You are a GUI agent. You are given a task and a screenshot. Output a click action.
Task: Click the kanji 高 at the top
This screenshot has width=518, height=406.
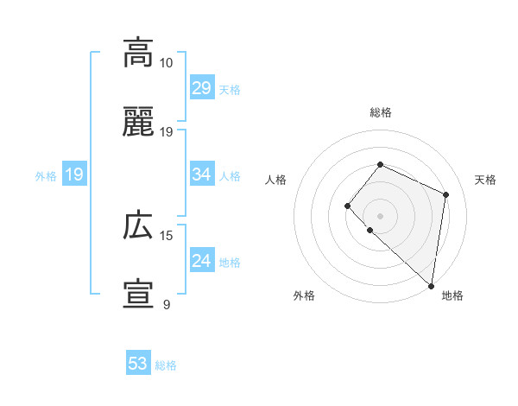138,53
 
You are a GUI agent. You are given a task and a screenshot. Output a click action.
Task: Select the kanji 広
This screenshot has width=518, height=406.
138,226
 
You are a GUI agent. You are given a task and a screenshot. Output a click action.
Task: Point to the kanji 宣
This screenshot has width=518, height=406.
138,295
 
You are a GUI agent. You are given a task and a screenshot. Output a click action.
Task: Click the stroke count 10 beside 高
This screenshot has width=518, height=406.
167,63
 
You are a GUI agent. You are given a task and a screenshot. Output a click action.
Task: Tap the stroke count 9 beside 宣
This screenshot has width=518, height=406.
167,305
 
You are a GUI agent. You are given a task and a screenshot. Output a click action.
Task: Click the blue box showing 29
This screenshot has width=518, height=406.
201,88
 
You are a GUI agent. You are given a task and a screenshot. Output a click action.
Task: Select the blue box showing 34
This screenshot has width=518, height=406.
201,174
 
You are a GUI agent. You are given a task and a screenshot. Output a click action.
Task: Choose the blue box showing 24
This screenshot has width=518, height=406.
201,261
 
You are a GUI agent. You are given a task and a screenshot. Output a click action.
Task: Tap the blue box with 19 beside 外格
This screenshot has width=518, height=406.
73,174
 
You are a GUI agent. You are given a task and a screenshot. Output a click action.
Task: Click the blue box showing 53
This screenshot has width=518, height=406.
137,364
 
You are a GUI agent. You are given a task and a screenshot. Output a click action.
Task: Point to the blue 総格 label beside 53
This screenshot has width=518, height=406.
166,365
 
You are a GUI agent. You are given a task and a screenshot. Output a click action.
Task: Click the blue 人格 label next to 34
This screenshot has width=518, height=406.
230,176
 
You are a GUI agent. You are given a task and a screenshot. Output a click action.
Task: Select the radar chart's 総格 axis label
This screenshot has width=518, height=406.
381,112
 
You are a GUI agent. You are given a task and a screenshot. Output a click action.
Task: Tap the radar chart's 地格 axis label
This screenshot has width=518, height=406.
452,295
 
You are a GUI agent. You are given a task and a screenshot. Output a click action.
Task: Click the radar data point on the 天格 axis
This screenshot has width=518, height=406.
446,194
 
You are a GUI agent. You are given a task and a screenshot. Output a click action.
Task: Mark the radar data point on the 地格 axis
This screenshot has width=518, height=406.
431,286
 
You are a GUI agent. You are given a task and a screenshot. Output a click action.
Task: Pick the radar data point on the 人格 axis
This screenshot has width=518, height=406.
347,206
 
